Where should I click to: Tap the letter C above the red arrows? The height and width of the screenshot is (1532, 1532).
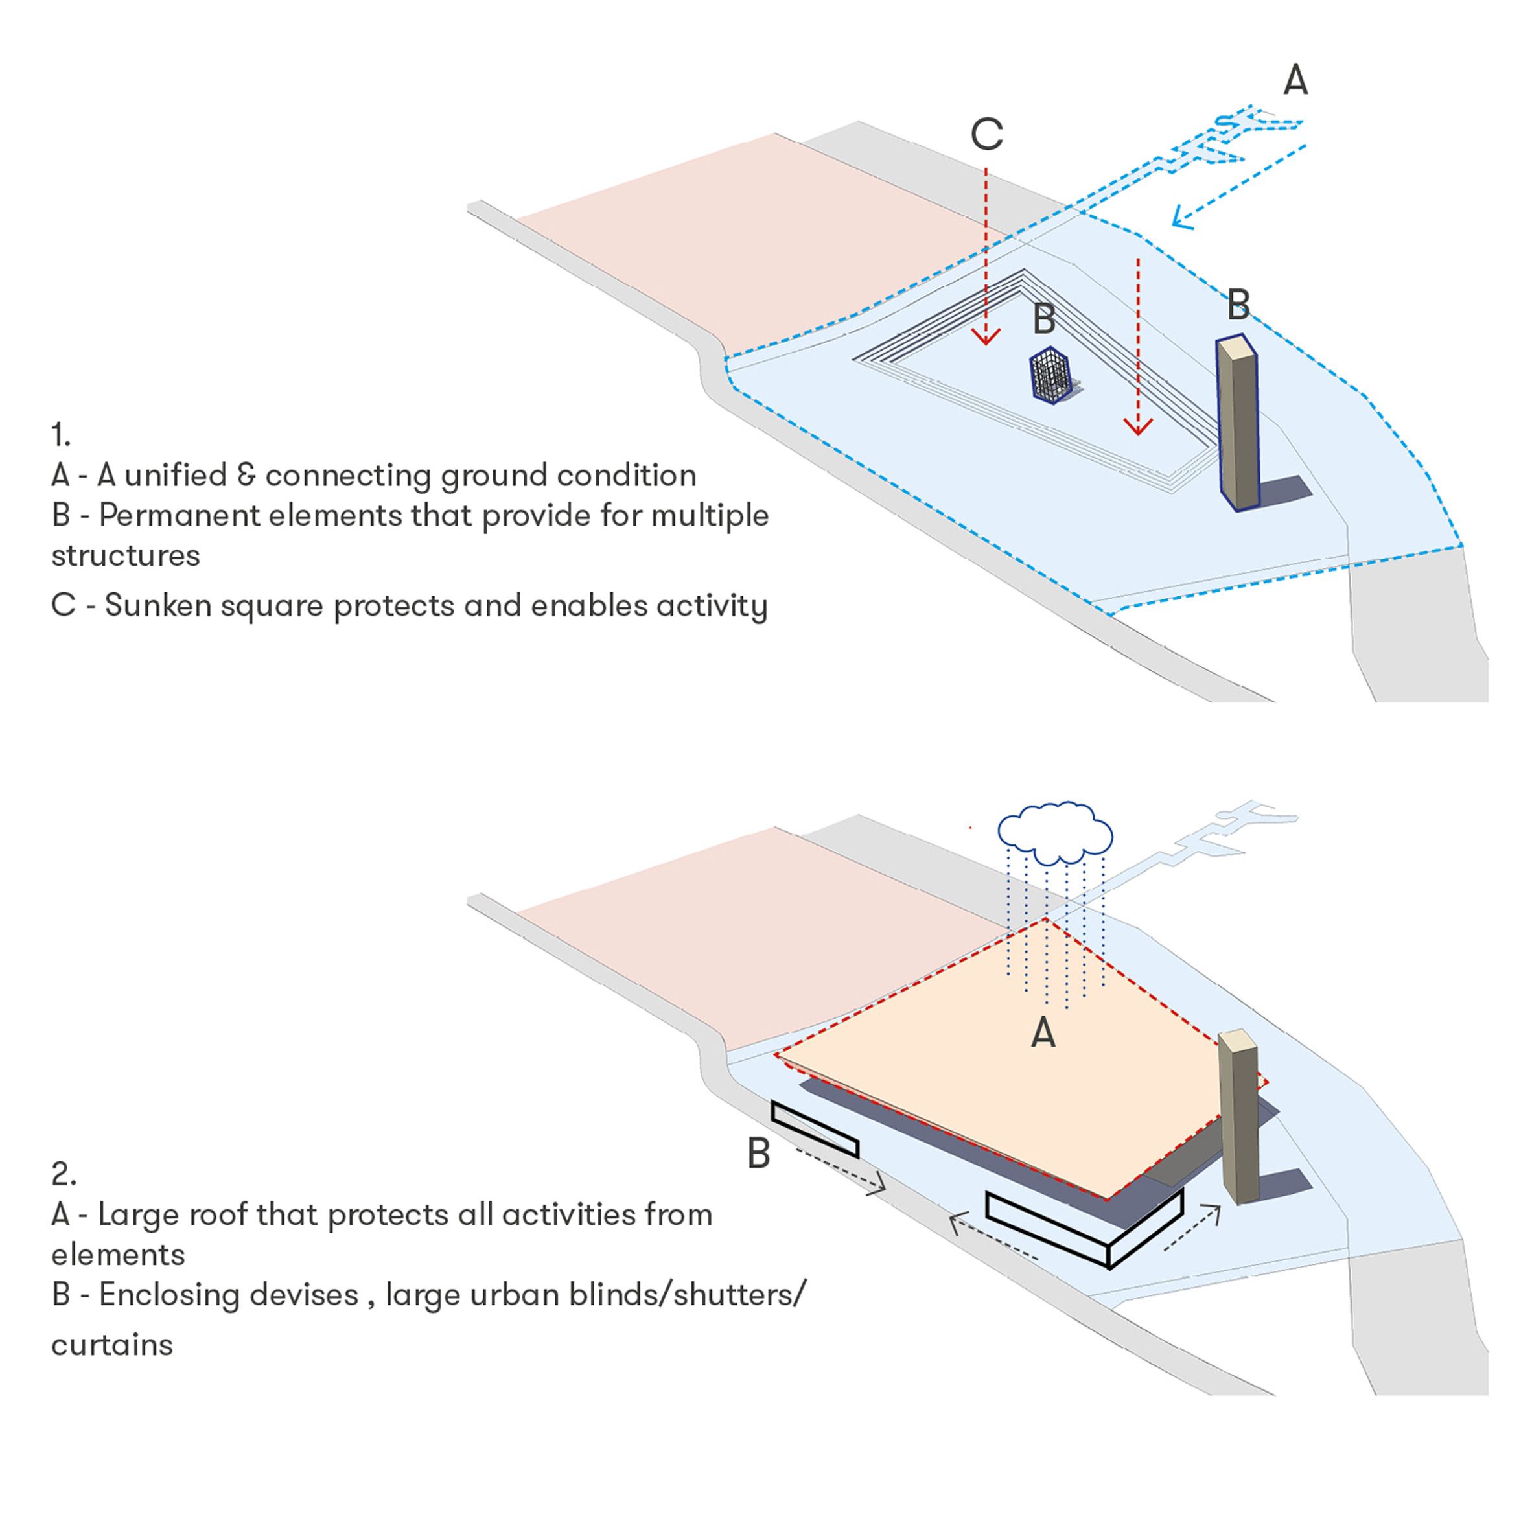(986, 134)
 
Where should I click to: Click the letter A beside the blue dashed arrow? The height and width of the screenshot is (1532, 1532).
(1295, 80)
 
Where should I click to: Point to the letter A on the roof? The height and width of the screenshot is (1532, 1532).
(1043, 1033)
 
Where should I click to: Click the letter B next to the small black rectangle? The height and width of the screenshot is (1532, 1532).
(759, 1155)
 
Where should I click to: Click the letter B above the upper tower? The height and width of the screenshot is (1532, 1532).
(1238, 305)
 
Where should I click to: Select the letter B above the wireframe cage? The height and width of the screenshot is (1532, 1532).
(1043, 319)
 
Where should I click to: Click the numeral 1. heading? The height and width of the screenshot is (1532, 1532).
(61, 435)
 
